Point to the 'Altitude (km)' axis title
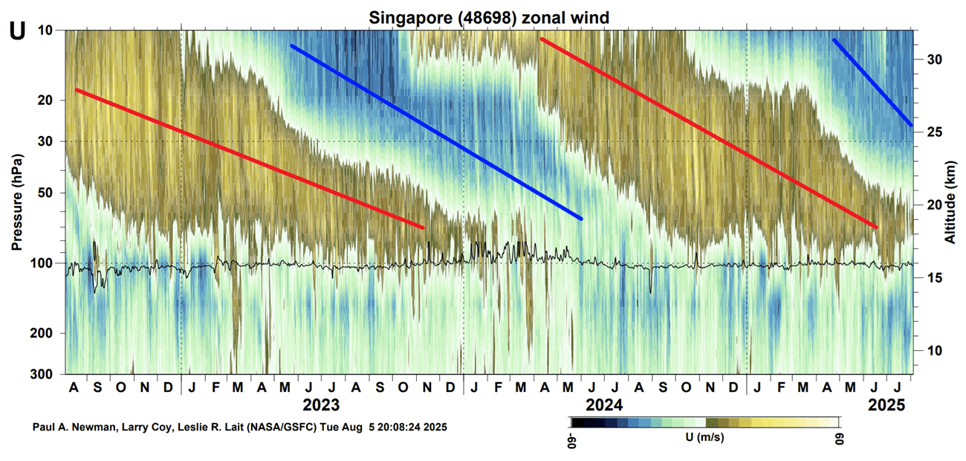click(x=950, y=202)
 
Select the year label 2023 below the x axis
click(x=321, y=406)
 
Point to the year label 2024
click(x=604, y=406)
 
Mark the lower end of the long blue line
click(x=580, y=218)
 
